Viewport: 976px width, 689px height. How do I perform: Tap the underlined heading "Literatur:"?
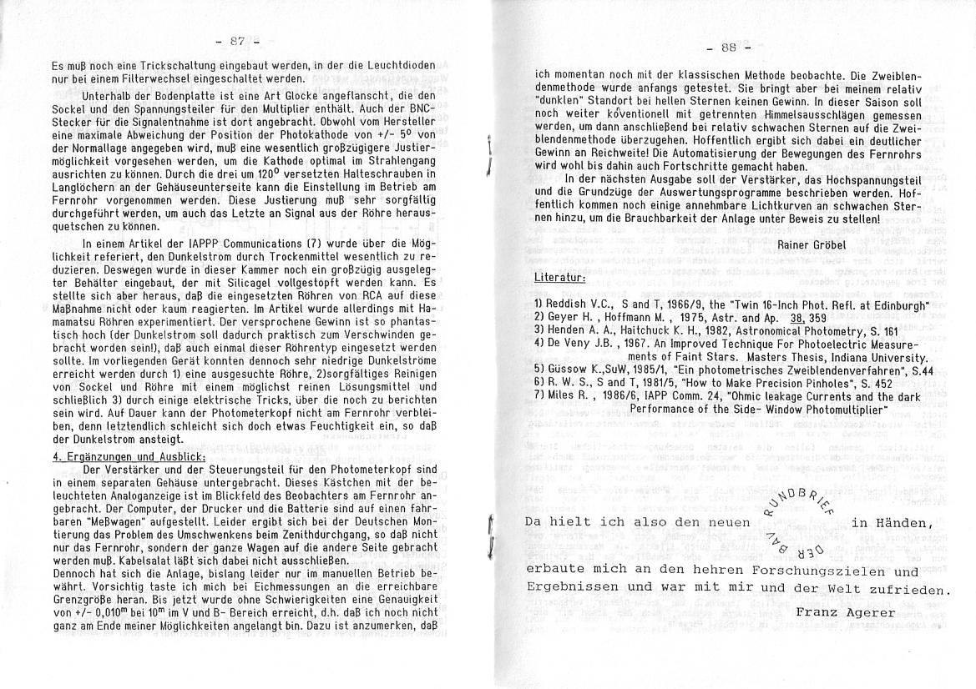[559, 276]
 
